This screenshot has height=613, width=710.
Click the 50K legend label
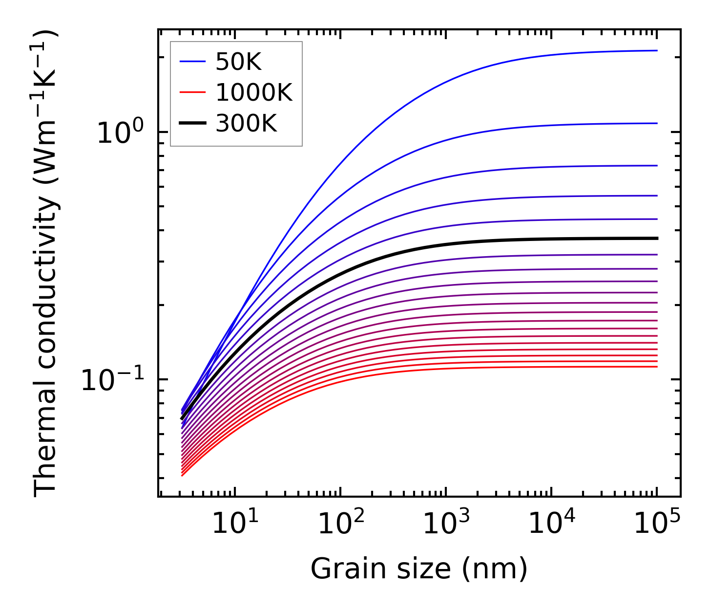click(239, 62)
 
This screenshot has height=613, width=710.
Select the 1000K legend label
click(254, 93)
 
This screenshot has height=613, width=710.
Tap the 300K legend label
click(246, 124)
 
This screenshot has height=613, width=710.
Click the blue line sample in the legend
click(193, 62)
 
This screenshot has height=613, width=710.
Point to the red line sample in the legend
click(193, 93)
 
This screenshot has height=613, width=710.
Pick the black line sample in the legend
click(193, 124)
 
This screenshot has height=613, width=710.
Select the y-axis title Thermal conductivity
click(46, 263)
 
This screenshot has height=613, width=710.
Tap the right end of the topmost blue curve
click(657, 50)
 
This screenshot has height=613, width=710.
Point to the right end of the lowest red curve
click(657, 367)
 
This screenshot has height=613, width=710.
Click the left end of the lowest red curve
click(182, 475)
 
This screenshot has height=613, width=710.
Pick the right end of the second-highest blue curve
click(657, 123)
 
